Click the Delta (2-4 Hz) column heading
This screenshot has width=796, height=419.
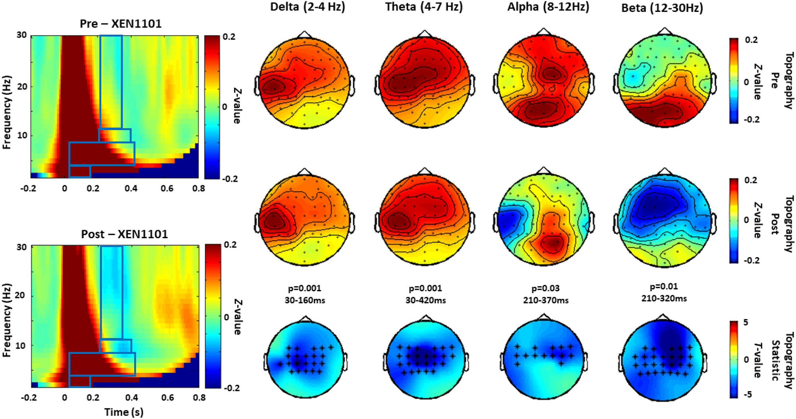pyautogui.click(x=308, y=7)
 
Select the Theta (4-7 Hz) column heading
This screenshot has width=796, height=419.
pyautogui.click(x=424, y=7)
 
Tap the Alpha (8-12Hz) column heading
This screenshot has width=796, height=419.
pyautogui.click(x=548, y=7)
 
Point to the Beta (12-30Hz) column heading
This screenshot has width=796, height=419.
pyautogui.click(x=662, y=8)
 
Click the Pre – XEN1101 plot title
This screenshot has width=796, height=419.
pyautogui.click(x=121, y=24)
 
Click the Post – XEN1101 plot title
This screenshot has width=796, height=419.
pyautogui.click(x=124, y=234)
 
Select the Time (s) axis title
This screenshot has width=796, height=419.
pyautogui.click(x=124, y=412)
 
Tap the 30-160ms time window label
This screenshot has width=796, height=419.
pyautogui.click(x=305, y=301)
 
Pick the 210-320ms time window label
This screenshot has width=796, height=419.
pyautogui.click(x=664, y=298)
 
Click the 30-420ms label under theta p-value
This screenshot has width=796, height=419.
pyautogui.click(x=425, y=301)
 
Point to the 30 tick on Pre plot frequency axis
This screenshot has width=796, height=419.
pyautogui.click(x=21, y=35)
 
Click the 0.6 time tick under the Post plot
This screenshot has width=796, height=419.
pyautogui.click(x=167, y=398)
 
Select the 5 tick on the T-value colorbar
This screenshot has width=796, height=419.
pyautogui.click(x=746, y=323)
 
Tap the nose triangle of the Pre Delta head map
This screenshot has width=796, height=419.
pyautogui.click(x=304, y=35)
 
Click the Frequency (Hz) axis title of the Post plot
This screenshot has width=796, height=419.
pyautogui.click(x=6, y=320)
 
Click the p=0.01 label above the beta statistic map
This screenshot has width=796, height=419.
pyautogui.click(x=664, y=286)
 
